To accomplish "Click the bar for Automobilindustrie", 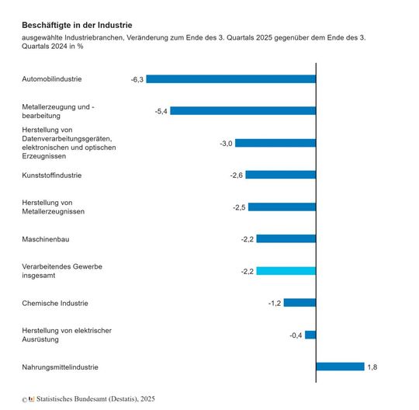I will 230,79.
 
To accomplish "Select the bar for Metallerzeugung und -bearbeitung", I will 243,111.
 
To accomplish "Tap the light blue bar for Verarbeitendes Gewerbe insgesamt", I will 286,271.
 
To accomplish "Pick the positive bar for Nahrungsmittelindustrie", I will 340,367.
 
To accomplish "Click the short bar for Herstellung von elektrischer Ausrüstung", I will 310,335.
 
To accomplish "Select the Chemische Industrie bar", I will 300,303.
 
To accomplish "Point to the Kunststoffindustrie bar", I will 281,175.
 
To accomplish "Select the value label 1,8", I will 373,367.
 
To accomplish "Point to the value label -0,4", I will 296,335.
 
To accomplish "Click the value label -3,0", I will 226,144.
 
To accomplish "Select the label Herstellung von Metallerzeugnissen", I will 54,207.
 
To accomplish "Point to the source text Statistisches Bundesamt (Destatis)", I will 92,399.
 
